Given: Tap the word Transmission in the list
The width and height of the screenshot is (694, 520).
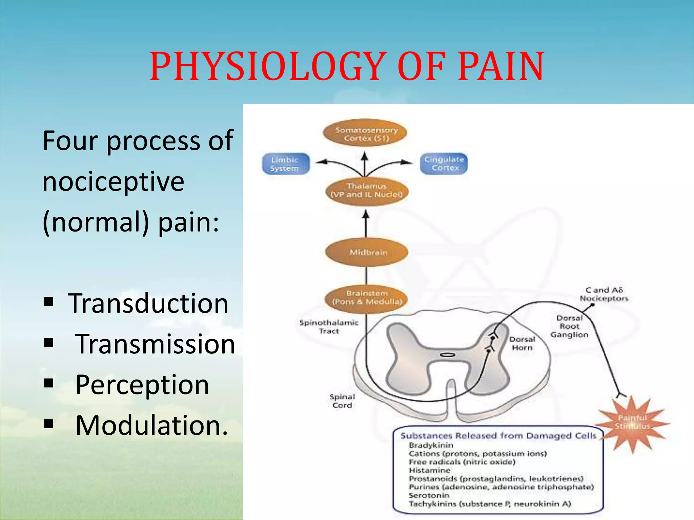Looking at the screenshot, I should pyautogui.click(x=155, y=344).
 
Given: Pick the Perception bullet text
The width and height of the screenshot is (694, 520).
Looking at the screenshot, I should pyautogui.click(x=142, y=385).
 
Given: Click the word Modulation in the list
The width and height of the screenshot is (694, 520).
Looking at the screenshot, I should pyautogui.click(x=151, y=425).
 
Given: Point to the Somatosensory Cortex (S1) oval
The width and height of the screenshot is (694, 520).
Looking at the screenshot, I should pyautogui.click(x=366, y=134).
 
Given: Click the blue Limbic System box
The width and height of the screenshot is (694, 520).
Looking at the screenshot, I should pyautogui.click(x=285, y=164).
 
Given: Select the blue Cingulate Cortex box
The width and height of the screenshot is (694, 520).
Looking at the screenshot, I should pyautogui.click(x=444, y=164).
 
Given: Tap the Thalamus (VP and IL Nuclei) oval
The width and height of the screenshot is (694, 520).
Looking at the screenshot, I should pyautogui.click(x=367, y=190).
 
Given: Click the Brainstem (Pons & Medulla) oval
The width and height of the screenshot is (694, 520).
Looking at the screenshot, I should pyautogui.click(x=367, y=298).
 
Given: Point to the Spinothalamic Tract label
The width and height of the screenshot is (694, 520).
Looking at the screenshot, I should pyautogui.click(x=329, y=327).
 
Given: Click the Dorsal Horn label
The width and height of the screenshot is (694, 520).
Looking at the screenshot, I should pyautogui.click(x=522, y=343).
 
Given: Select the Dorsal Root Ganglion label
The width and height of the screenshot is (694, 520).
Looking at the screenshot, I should pyautogui.click(x=569, y=326).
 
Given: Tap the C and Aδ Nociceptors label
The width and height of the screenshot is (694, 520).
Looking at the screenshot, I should pyautogui.click(x=604, y=294).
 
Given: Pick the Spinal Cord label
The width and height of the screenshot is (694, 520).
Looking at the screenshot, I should pyautogui.click(x=342, y=401).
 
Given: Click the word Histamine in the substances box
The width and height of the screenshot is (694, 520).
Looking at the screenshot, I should pyautogui.click(x=429, y=470).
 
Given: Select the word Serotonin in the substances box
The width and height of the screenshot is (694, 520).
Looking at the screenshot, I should pyautogui.click(x=429, y=495).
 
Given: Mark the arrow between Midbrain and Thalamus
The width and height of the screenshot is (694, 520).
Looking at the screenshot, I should pyautogui.click(x=366, y=224).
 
